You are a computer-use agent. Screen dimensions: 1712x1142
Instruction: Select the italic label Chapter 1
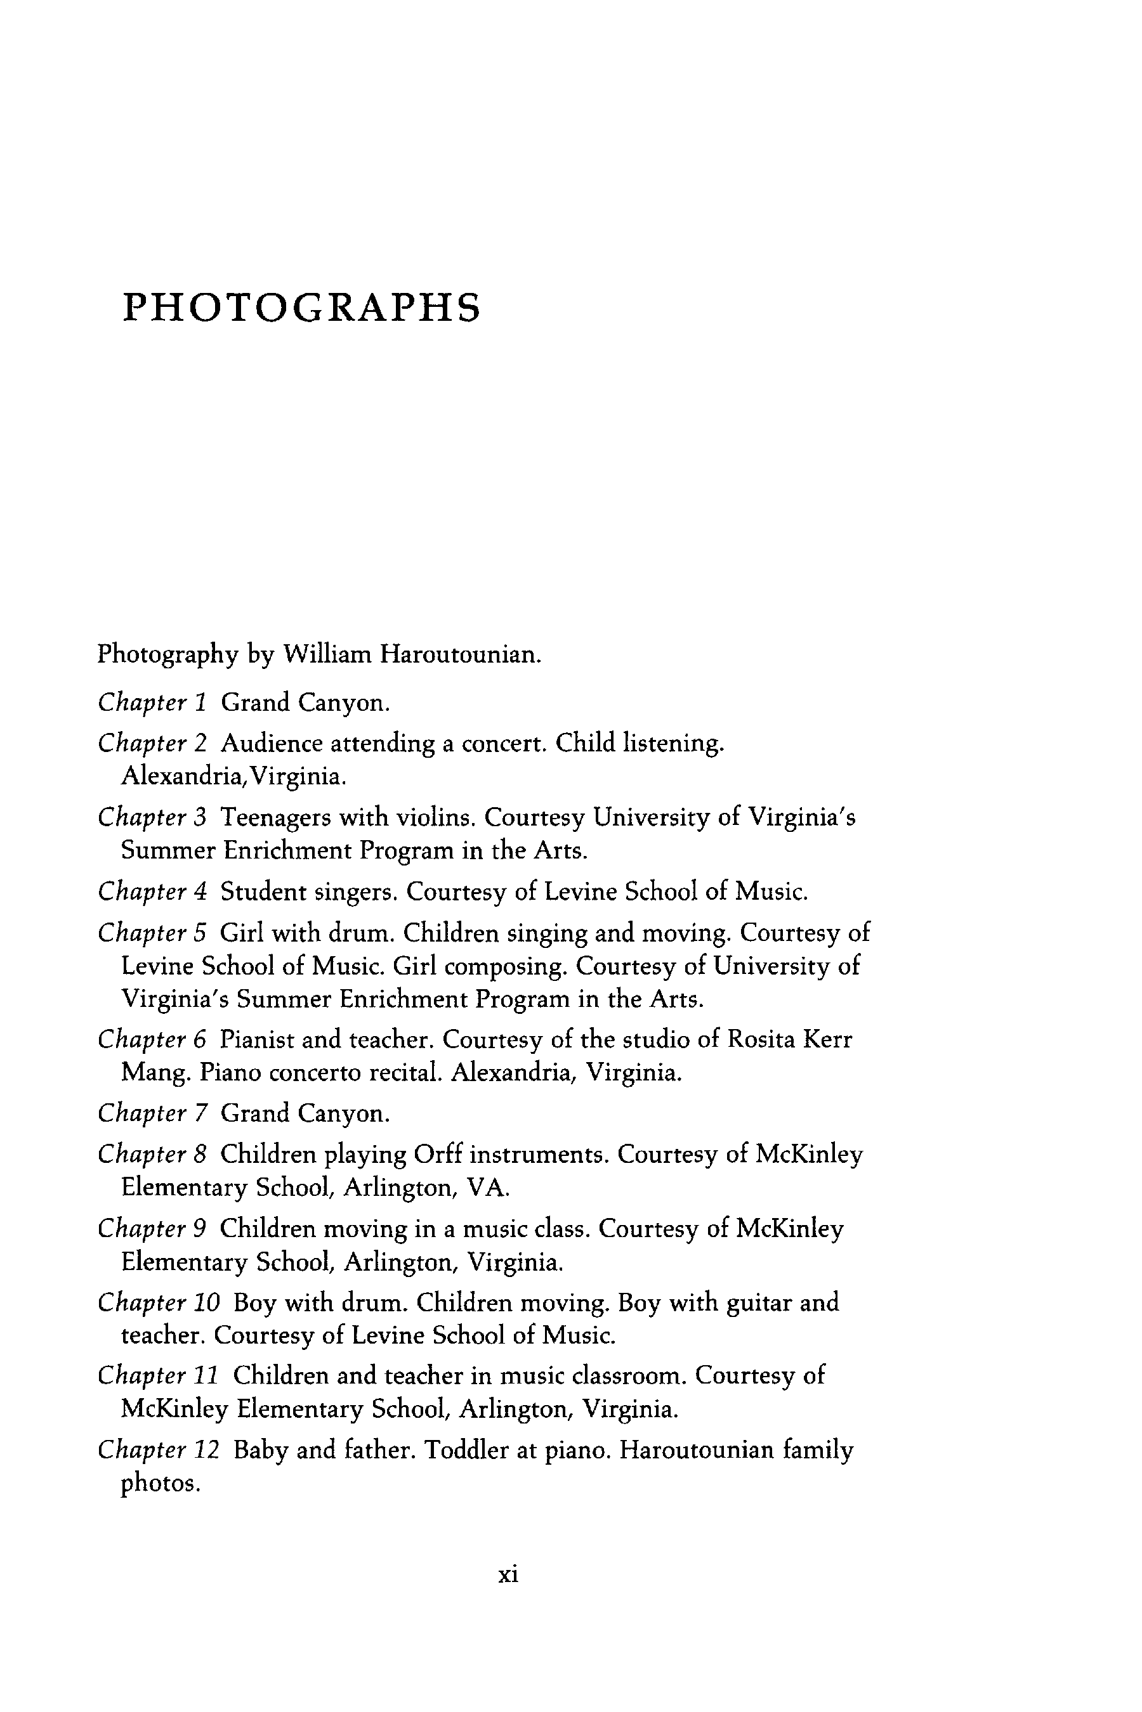coord(153,703)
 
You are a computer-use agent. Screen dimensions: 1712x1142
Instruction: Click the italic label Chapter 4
coord(153,891)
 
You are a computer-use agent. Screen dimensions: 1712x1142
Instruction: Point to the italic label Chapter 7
coord(153,1113)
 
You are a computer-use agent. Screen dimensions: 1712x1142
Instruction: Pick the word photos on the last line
coord(159,1484)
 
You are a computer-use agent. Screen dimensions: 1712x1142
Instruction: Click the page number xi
coord(508,1574)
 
